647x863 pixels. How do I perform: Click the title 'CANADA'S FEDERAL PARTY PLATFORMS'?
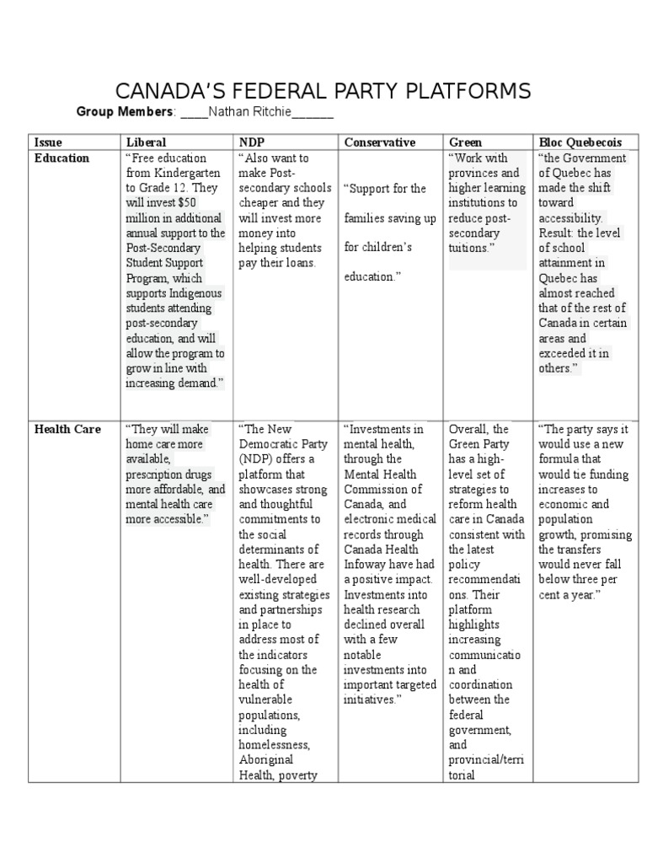tap(323, 91)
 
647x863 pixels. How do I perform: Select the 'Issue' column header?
tap(48, 142)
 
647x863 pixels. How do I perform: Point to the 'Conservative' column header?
tap(379, 142)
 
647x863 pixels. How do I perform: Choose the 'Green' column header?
tap(466, 142)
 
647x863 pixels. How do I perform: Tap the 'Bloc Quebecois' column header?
tap(580, 142)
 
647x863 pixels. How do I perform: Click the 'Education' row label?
tap(61, 158)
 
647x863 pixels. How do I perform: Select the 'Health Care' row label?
tap(67, 429)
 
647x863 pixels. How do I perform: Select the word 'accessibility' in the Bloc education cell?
tap(573, 218)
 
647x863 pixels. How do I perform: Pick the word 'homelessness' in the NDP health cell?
tap(274, 745)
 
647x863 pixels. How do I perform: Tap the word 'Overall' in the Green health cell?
tap(468, 429)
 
